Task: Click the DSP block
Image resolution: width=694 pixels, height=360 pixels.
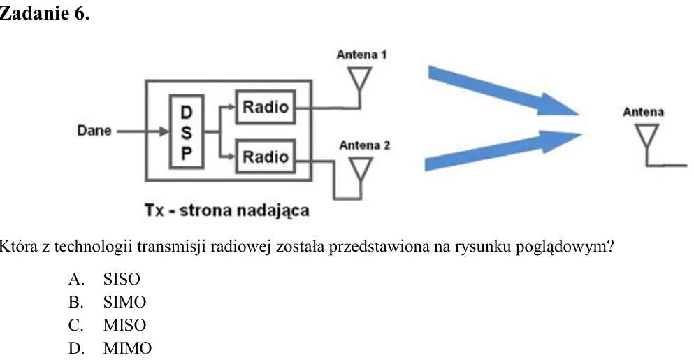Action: tap(187, 131)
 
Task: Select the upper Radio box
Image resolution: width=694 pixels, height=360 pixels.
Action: tap(266, 107)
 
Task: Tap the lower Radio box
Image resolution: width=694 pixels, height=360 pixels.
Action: tap(266, 157)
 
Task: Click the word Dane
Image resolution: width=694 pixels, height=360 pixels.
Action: tap(94, 131)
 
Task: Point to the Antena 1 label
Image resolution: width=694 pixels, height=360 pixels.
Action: tap(361, 55)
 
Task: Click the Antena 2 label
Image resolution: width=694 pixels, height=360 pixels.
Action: tap(365, 145)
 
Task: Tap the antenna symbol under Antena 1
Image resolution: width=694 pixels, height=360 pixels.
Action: tap(359, 80)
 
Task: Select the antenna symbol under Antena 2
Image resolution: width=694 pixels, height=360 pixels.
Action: tap(361, 170)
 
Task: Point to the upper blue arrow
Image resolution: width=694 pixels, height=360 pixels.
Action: tap(503, 91)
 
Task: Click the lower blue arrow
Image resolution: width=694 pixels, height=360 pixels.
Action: tap(503, 150)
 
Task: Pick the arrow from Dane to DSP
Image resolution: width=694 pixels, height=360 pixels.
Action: tap(143, 131)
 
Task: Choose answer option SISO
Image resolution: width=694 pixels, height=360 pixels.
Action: tap(122, 279)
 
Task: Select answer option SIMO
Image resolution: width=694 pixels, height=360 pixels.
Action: tap(124, 302)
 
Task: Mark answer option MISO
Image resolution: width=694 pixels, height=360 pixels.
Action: tap(124, 325)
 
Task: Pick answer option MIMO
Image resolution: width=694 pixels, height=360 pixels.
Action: tap(127, 348)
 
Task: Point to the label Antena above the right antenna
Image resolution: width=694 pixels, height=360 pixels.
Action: tap(643, 112)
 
